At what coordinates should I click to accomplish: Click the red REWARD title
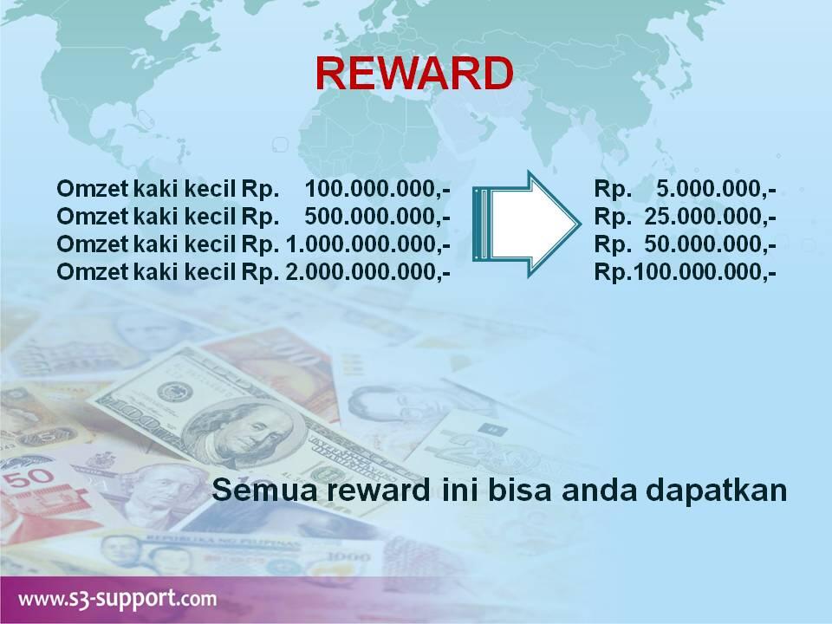(413, 75)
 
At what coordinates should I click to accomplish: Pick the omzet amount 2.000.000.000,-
(367, 271)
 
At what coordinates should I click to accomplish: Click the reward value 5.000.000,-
(716, 188)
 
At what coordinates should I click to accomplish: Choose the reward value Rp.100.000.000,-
(685, 271)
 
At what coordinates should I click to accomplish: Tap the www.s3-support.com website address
(116, 598)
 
